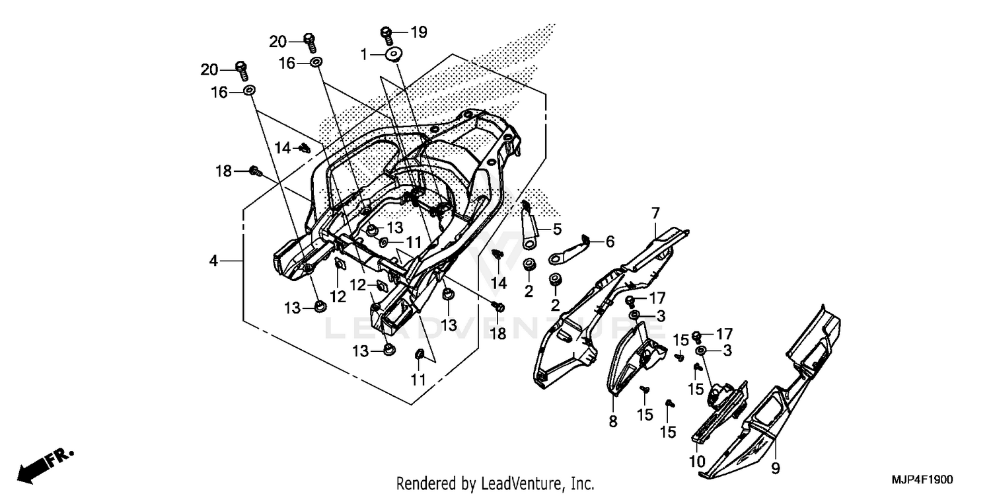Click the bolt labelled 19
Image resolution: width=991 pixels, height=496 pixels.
click(388, 34)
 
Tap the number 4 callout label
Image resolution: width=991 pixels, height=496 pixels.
click(213, 261)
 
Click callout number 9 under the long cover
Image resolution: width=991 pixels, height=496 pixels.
click(776, 468)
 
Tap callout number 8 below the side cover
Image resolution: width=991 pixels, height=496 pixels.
click(612, 421)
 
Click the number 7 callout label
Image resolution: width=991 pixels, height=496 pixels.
click(655, 213)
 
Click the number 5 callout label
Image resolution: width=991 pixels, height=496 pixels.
click(557, 229)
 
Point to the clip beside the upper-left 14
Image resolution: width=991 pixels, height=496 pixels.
click(305, 148)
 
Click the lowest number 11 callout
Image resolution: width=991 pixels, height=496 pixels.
click(418, 380)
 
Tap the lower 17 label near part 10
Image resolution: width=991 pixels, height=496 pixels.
click(725, 333)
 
